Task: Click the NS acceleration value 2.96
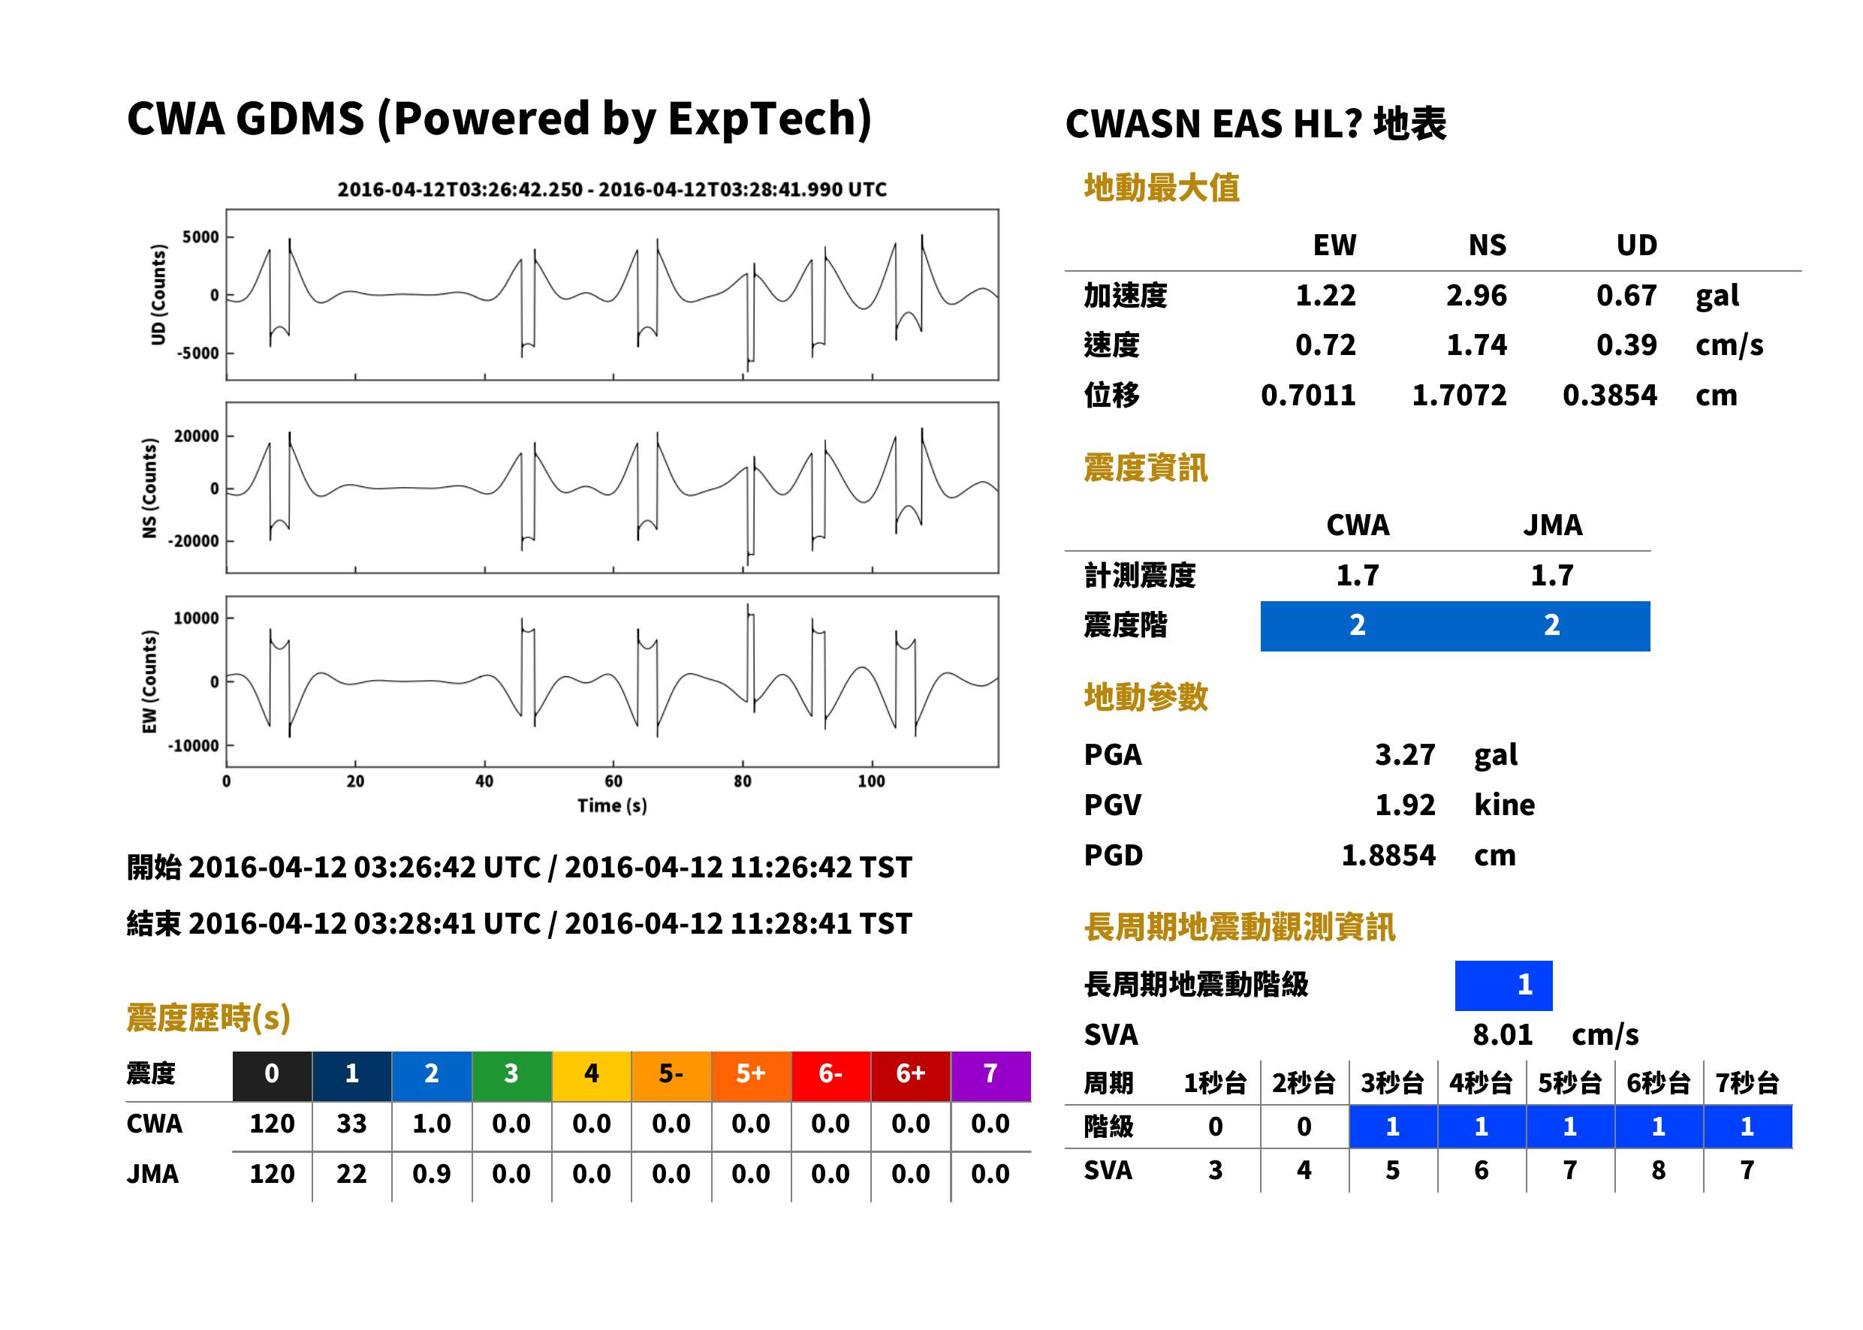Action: (1476, 295)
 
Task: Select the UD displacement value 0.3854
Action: (1609, 395)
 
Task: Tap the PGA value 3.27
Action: (1405, 754)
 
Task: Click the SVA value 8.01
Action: (1503, 1034)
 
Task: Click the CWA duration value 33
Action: (351, 1124)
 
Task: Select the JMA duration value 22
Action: (351, 1174)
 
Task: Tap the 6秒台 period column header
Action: (1658, 1082)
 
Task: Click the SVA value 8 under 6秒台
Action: (1658, 1170)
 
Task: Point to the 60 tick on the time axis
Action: (613, 781)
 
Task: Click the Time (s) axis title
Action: (612, 806)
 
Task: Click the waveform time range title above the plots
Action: (612, 190)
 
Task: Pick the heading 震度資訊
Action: (1145, 468)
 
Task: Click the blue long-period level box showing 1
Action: (1503, 985)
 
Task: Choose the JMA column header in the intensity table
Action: (1553, 525)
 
